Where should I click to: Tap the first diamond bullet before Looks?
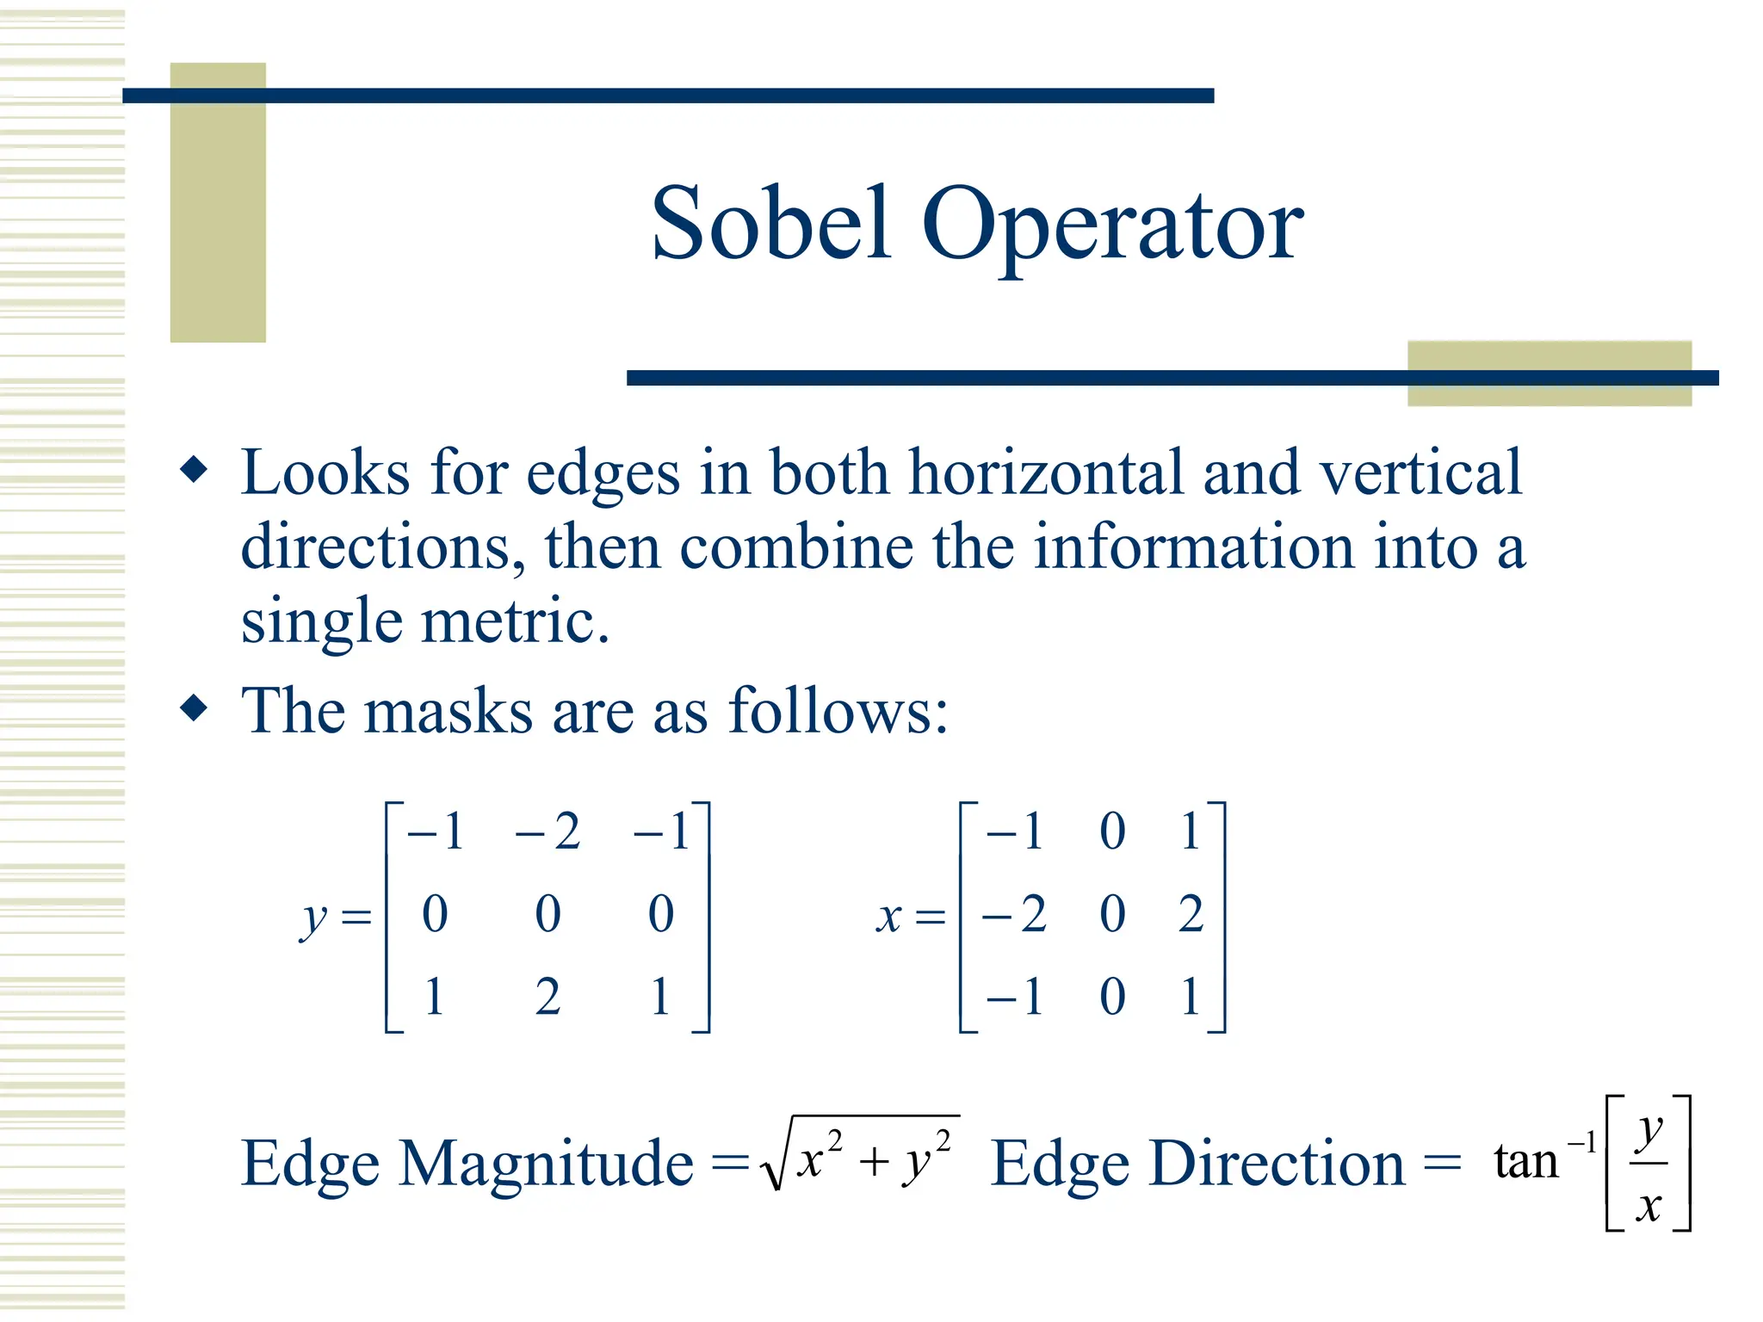point(195,470)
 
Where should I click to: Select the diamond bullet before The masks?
point(195,708)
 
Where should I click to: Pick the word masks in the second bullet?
point(448,712)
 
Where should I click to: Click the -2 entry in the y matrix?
point(547,831)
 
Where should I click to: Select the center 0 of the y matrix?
point(548,914)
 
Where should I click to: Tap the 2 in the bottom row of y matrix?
point(548,997)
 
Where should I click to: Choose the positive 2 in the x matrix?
point(1191,914)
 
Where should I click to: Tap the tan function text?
point(1525,1162)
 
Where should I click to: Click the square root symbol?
point(775,1162)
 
